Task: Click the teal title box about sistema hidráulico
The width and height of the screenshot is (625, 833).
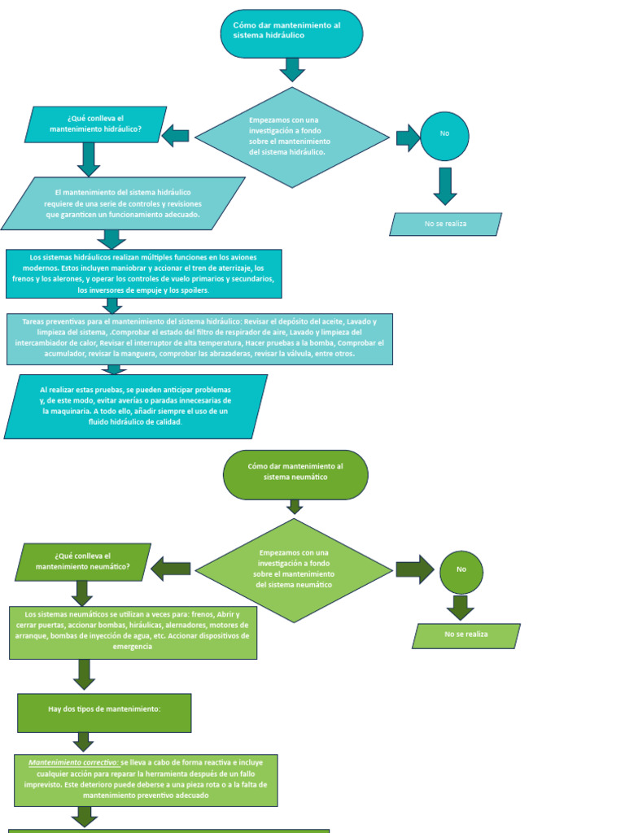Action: [291, 33]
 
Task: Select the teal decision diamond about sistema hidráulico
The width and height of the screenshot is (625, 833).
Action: [291, 137]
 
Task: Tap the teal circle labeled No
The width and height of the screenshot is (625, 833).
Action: [444, 136]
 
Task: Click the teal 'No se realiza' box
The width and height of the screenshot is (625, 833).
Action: [445, 224]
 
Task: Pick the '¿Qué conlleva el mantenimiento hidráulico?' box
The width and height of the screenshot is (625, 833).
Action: [96, 124]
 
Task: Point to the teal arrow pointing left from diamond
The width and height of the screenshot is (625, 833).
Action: [176, 136]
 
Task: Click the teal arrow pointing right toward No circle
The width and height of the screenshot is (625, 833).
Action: [406, 137]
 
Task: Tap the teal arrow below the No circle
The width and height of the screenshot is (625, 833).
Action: [444, 186]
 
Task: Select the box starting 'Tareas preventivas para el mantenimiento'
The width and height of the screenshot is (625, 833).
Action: [199, 338]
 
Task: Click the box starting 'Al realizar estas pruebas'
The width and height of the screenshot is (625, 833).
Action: [136, 406]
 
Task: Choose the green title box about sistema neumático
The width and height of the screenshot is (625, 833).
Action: [295, 474]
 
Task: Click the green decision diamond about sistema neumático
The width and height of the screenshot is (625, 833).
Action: [295, 569]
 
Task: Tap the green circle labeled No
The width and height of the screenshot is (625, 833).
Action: [461, 572]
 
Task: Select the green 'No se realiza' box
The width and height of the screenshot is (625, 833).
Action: [466, 635]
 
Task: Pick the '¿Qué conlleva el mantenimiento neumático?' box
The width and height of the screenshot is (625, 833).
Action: [83, 561]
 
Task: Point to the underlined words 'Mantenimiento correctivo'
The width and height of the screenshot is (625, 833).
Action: [73, 763]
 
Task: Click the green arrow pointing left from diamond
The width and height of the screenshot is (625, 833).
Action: [171, 569]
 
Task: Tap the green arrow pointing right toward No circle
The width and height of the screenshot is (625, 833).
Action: [414, 569]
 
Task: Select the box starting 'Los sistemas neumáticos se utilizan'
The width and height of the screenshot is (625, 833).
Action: [133, 632]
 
